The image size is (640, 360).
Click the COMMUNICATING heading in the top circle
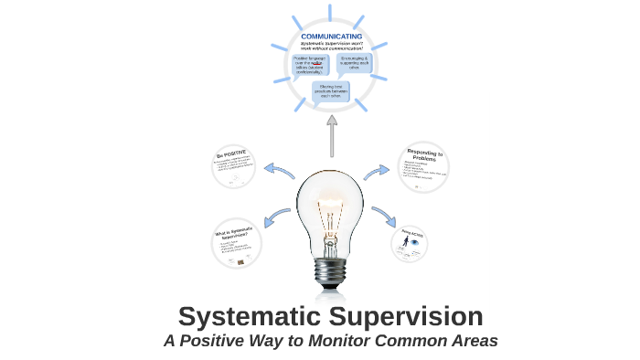[x=330, y=37]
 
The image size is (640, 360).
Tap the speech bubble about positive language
[x=308, y=65]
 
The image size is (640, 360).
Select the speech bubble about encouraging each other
[x=356, y=63]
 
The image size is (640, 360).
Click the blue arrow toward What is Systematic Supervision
[x=276, y=217]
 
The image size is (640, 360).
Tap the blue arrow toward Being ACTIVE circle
[x=383, y=217]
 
